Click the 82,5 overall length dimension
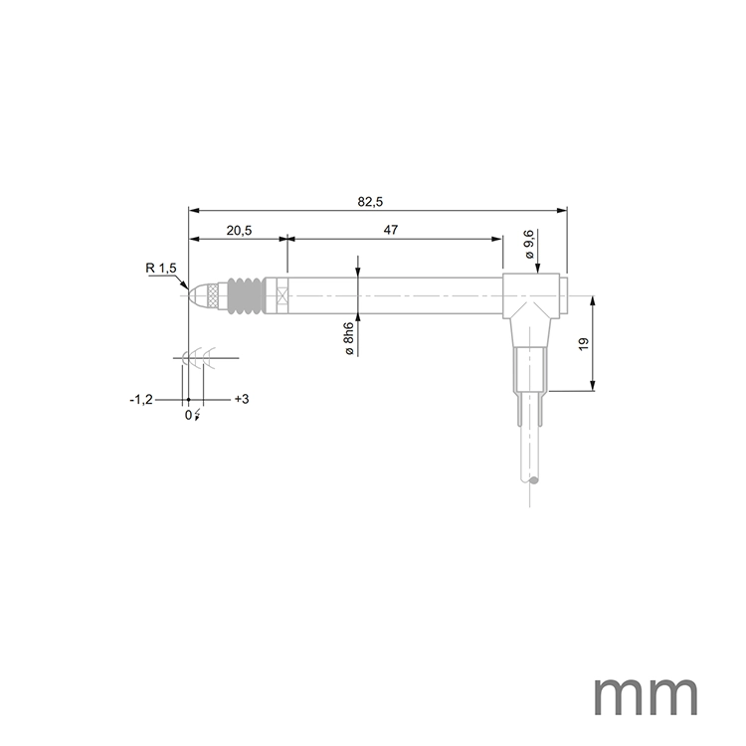click(370, 202)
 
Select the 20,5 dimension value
click(238, 231)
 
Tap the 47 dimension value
click(390, 231)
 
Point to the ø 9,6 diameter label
click(529, 245)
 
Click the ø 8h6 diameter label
click(348, 339)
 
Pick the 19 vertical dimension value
click(584, 343)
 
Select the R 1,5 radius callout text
click(160, 269)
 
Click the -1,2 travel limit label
click(140, 399)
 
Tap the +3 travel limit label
click(241, 399)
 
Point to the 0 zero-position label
click(187, 415)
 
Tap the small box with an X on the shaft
click(283, 295)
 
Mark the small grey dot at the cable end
click(533, 481)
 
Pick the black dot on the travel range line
click(188, 399)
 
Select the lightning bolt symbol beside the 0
click(197, 415)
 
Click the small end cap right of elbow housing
click(563, 295)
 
